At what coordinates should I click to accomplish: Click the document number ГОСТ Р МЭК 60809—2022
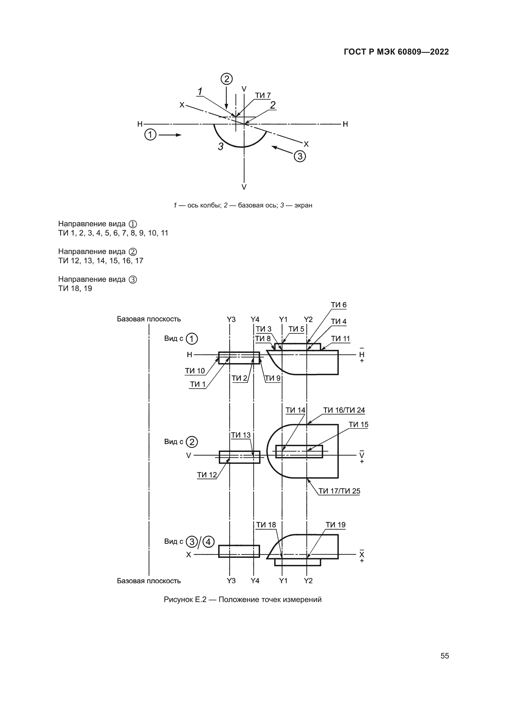[396, 52]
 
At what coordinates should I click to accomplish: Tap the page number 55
[445, 656]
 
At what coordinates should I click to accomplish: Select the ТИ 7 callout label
[262, 96]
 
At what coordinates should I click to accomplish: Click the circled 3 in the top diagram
[300, 156]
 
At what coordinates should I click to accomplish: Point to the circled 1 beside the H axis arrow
[150, 135]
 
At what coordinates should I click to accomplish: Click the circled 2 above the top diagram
[226, 79]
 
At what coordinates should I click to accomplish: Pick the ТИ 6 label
[339, 305]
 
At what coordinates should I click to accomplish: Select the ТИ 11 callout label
[340, 338]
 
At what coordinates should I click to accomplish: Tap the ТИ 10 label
[195, 371]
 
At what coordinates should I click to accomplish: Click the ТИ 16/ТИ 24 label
[344, 410]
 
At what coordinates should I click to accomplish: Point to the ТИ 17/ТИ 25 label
[339, 491]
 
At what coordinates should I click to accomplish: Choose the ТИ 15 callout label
[358, 424]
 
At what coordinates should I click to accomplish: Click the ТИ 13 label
[241, 435]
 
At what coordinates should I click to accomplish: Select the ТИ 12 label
[207, 475]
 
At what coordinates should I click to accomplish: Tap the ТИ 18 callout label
[266, 525]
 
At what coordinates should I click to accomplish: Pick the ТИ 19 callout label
[335, 525]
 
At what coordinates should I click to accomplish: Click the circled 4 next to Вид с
[208, 542]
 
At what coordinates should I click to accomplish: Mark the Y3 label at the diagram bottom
[231, 581]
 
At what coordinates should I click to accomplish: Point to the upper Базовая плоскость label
[149, 319]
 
